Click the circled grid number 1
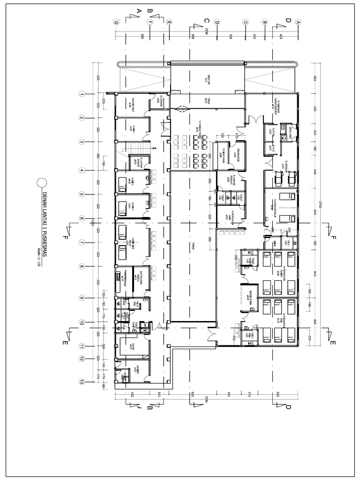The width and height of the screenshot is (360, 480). pos(82,94)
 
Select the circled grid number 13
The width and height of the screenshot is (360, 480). pos(82,382)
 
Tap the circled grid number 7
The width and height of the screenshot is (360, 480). pos(82,243)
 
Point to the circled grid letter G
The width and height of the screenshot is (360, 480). pos(115,22)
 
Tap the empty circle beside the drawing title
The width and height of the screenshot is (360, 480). pos(43,183)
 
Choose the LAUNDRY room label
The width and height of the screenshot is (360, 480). pos(138,370)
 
